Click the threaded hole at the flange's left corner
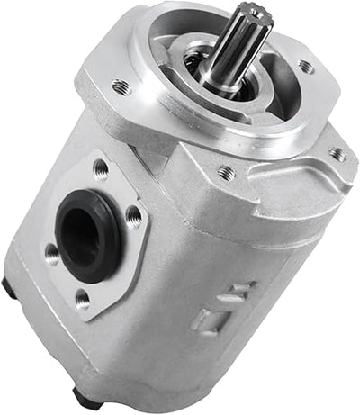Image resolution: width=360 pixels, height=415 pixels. point(121,87)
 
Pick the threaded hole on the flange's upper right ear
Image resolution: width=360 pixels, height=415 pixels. point(306,66)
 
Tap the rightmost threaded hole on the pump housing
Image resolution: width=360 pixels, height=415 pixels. point(338,154)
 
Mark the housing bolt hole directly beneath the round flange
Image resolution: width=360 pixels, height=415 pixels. point(226,171)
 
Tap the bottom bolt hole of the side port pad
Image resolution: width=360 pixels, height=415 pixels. point(83,297)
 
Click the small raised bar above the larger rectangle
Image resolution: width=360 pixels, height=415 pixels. point(240,290)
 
